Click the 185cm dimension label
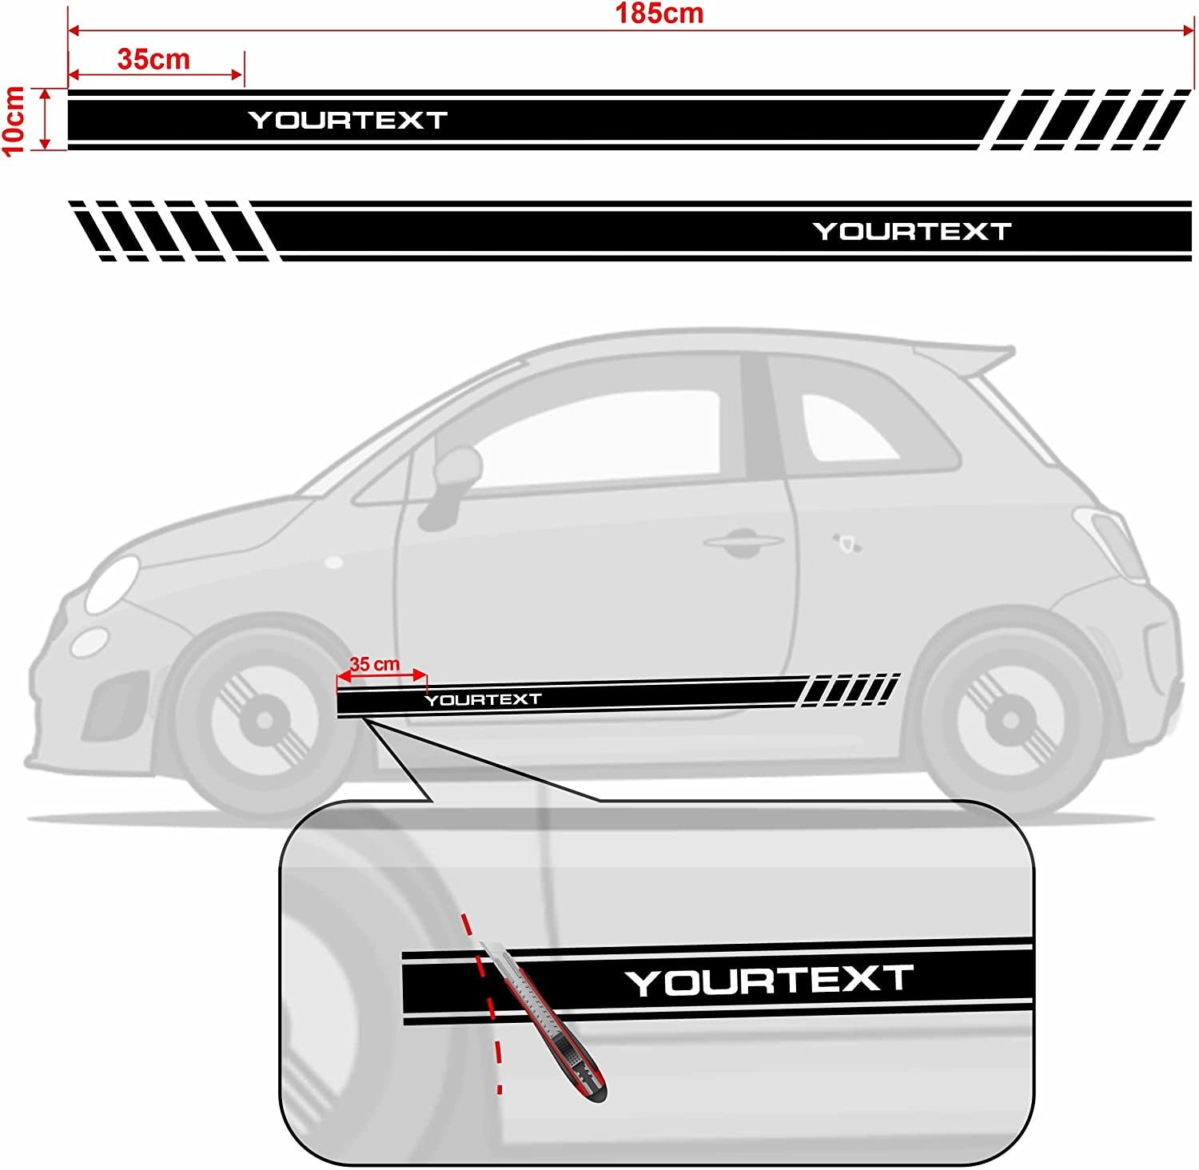coord(659,14)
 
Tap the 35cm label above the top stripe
coord(153,59)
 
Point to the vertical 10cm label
coord(14,121)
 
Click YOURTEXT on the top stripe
coord(348,120)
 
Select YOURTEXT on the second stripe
coord(912,232)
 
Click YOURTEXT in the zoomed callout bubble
coord(769,981)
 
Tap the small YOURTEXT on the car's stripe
coord(483,700)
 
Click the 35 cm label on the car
coord(374,664)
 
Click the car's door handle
coord(743,543)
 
